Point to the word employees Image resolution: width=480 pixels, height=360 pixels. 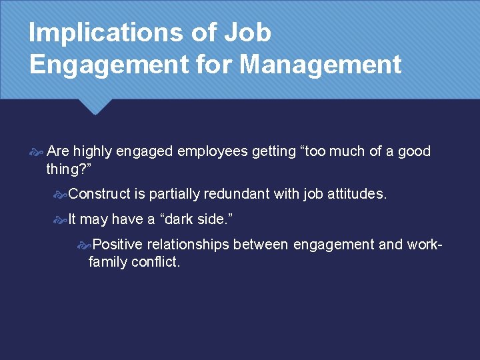(207, 152)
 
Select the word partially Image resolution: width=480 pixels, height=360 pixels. (175, 194)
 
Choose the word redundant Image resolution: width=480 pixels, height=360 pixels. (239, 194)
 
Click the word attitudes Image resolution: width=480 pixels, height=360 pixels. (355, 194)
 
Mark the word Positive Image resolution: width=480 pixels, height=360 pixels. (117, 245)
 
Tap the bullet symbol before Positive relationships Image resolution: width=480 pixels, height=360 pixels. (84, 245)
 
